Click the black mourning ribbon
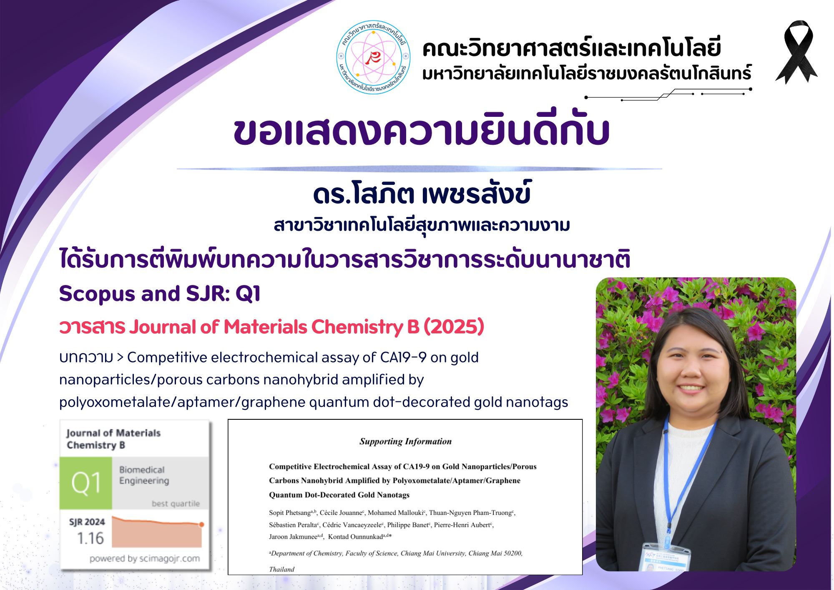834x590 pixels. [797, 52]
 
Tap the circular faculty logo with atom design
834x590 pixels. [373, 57]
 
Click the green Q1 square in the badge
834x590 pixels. [86, 483]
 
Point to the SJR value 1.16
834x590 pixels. [90, 538]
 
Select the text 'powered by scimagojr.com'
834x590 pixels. [144, 558]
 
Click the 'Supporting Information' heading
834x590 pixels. [405, 441]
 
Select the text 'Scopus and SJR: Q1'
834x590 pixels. [160, 293]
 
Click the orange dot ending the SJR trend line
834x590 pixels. [201, 524]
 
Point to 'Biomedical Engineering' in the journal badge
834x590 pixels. [144, 475]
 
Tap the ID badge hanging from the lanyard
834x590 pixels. [666, 557]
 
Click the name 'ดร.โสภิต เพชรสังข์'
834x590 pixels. [422, 194]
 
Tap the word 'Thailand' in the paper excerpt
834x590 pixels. [281, 569]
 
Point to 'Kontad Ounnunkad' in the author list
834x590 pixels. [355, 537]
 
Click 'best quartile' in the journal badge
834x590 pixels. [176, 504]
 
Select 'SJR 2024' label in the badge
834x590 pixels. [87, 522]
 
